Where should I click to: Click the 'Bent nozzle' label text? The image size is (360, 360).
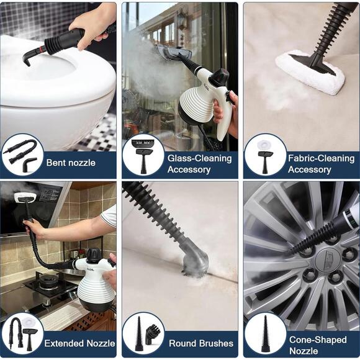71,163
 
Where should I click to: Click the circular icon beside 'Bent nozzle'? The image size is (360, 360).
22,155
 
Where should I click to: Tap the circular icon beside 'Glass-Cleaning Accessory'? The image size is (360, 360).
143,155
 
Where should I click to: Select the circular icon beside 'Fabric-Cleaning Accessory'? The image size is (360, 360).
265,155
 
